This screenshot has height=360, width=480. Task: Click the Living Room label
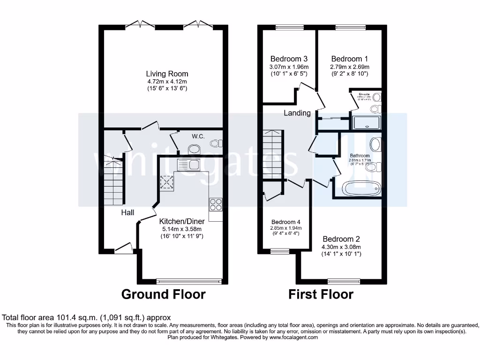pos(167,74)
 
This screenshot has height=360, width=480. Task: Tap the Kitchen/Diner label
pos(180,221)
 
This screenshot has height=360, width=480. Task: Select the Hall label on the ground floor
pos(127,212)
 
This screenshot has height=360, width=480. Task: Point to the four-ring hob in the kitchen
pos(216,204)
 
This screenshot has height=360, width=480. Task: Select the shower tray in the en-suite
pos(367,123)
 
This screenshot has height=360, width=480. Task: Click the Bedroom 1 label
pos(349,59)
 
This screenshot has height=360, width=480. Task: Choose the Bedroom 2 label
pos(341,238)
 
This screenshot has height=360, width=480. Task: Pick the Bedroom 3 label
pos(289,59)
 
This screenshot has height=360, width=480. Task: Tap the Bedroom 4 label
pos(286,222)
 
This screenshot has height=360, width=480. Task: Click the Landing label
pos(297,113)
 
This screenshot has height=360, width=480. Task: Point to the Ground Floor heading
pos(163,294)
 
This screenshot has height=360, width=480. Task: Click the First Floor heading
pos(321,294)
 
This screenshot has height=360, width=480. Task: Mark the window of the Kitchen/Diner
pos(189,281)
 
